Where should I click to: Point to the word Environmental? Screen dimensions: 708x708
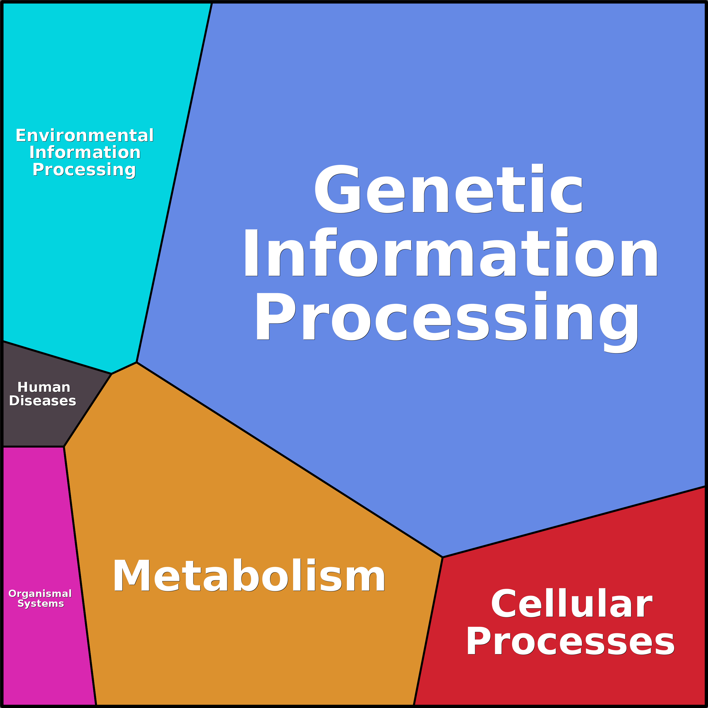coord(85,136)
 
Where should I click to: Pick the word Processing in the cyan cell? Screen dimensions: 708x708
coord(84,170)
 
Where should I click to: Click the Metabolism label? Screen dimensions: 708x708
coord(249,576)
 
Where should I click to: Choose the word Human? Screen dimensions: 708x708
coord(44,387)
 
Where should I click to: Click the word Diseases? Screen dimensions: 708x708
coord(43,401)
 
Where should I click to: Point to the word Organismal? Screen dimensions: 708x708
coord(40,593)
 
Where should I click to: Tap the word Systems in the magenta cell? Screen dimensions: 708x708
coord(41,603)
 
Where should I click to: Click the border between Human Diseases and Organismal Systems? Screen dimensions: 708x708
coord(33,447)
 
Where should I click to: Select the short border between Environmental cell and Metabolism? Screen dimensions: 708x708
coord(124,368)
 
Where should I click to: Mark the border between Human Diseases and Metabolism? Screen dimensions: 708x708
coord(88,410)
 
